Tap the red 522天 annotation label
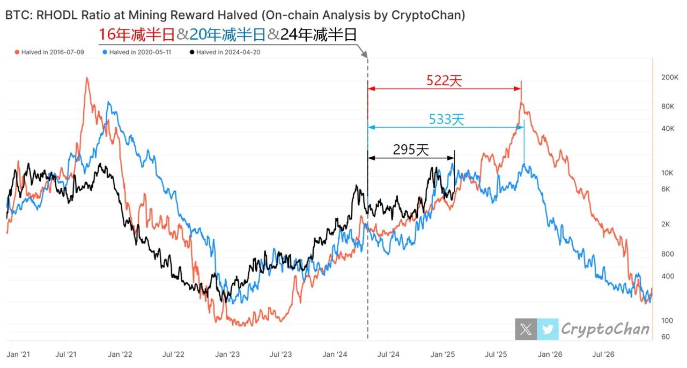(x=444, y=80)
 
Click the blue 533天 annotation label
(x=446, y=120)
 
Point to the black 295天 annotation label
(x=411, y=150)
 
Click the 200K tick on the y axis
(x=670, y=78)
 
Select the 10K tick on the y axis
(x=667, y=173)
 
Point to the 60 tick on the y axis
(x=665, y=337)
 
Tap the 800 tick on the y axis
(x=667, y=254)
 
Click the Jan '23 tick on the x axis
(x=227, y=355)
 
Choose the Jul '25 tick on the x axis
(x=497, y=355)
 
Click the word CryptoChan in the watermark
(x=605, y=329)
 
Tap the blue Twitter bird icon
(x=547, y=329)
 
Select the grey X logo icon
(x=526, y=329)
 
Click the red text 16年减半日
(x=137, y=35)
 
